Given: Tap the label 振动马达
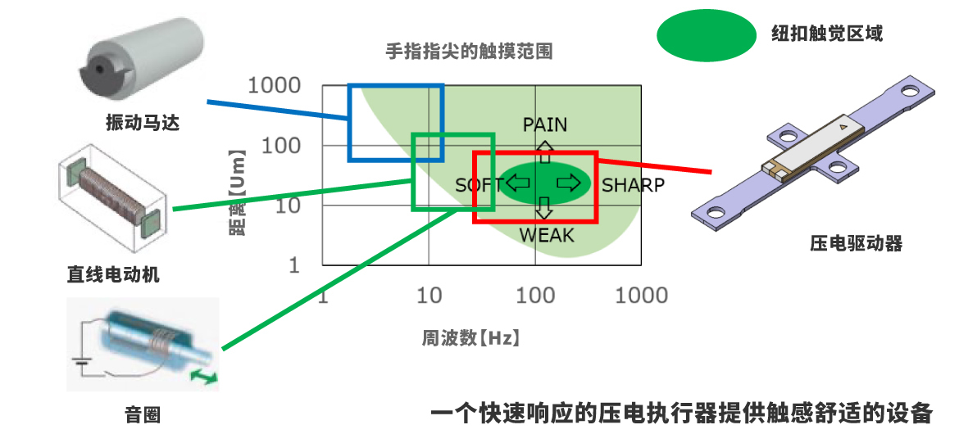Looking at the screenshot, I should [142, 124].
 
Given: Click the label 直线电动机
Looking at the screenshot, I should [113, 274].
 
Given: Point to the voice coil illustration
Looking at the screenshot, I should [144, 343].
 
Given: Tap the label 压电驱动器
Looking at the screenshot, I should [855, 243].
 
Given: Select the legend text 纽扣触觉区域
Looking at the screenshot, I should [826, 34].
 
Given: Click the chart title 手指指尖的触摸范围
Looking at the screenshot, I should [469, 52].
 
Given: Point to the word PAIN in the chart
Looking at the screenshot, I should [545, 124].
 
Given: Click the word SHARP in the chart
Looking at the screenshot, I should [633, 185].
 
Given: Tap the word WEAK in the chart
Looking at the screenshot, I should [547, 236].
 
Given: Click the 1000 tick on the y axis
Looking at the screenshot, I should [275, 85].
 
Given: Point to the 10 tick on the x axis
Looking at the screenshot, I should [430, 295].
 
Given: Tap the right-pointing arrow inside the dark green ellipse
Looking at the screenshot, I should [567, 183].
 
